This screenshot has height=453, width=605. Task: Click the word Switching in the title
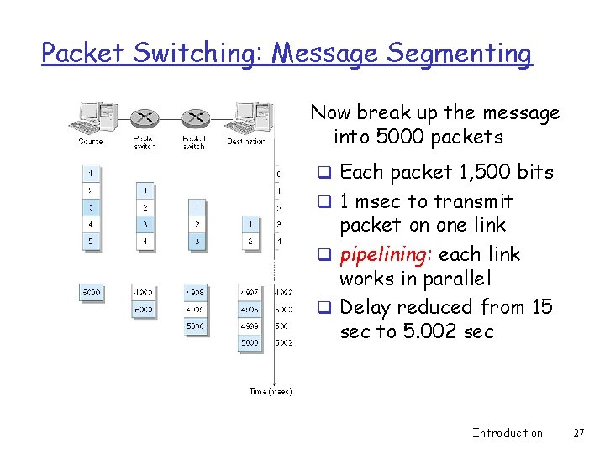(x=199, y=54)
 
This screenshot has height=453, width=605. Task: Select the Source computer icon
(x=92, y=117)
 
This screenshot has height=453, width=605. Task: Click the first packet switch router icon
(x=145, y=117)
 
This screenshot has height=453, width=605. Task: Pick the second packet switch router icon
(x=195, y=117)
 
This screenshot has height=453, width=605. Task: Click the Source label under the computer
(x=91, y=141)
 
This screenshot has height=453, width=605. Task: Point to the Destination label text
(x=245, y=141)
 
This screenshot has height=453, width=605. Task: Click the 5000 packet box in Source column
(x=92, y=293)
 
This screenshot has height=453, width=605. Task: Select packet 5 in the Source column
(x=91, y=242)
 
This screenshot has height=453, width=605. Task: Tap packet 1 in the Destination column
(x=249, y=224)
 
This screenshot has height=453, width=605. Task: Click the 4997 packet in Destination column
(x=249, y=293)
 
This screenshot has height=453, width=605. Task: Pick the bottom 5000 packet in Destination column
(x=249, y=342)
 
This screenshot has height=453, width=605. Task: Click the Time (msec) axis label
(x=271, y=392)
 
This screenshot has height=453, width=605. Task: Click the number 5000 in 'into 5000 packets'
(x=395, y=136)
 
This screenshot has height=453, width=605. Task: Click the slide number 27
(x=578, y=433)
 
